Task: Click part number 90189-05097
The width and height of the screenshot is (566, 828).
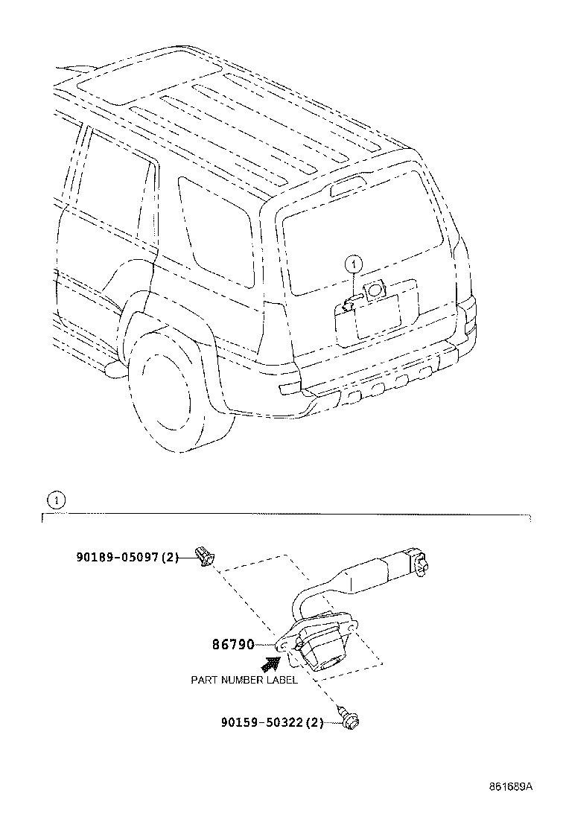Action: click(118, 556)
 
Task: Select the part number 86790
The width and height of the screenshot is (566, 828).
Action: click(233, 644)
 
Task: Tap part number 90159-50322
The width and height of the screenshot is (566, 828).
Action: click(262, 722)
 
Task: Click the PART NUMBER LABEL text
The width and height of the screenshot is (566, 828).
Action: click(244, 679)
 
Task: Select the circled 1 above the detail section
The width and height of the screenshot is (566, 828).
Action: click(57, 500)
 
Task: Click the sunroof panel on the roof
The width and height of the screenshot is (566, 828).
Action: click(149, 78)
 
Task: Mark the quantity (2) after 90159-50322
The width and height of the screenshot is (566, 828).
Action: click(314, 722)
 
